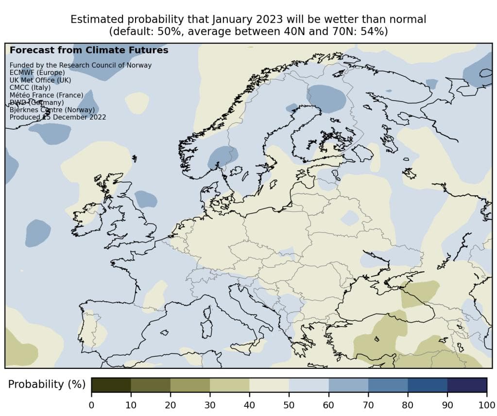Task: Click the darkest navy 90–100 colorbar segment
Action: [467, 384]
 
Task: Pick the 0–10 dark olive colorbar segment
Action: [111, 384]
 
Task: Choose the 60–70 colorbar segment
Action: [348, 384]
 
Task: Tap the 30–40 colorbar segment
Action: [229, 384]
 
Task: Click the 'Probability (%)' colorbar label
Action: [47, 384]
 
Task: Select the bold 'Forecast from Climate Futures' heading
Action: [89, 50]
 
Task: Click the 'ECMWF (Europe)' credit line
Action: [37, 72]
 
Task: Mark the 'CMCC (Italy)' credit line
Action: [30, 87]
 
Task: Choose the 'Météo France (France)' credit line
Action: [46, 95]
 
